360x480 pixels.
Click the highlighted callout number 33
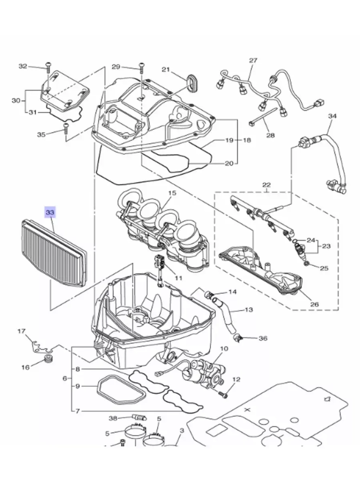[x=50, y=212]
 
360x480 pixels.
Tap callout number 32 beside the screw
[x=23, y=66]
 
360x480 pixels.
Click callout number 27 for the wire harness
[x=253, y=60]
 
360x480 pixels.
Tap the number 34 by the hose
[x=332, y=116]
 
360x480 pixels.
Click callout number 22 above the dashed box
[x=266, y=185]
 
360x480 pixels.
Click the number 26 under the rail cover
[x=314, y=304]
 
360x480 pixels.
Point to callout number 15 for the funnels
[x=172, y=193]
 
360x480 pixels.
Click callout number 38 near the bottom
[x=113, y=418]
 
